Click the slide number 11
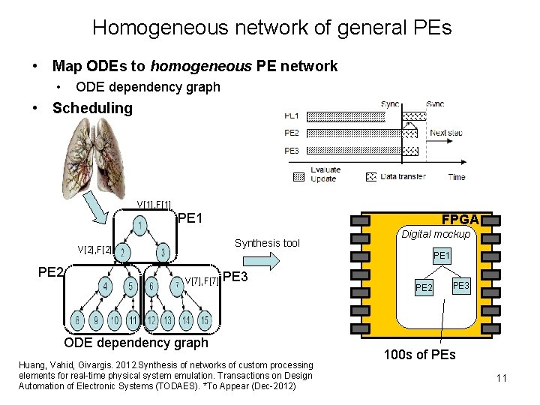(502, 379)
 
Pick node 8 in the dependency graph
(77, 321)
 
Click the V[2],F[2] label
(95, 248)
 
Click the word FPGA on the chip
(459, 220)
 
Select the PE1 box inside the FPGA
(442, 256)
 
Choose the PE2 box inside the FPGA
(424, 288)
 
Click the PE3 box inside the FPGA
(460, 285)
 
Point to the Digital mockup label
(435, 235)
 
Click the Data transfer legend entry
(397, 177)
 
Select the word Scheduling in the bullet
(92, 108)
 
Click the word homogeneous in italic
(206, 66)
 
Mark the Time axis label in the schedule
(456, 177)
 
